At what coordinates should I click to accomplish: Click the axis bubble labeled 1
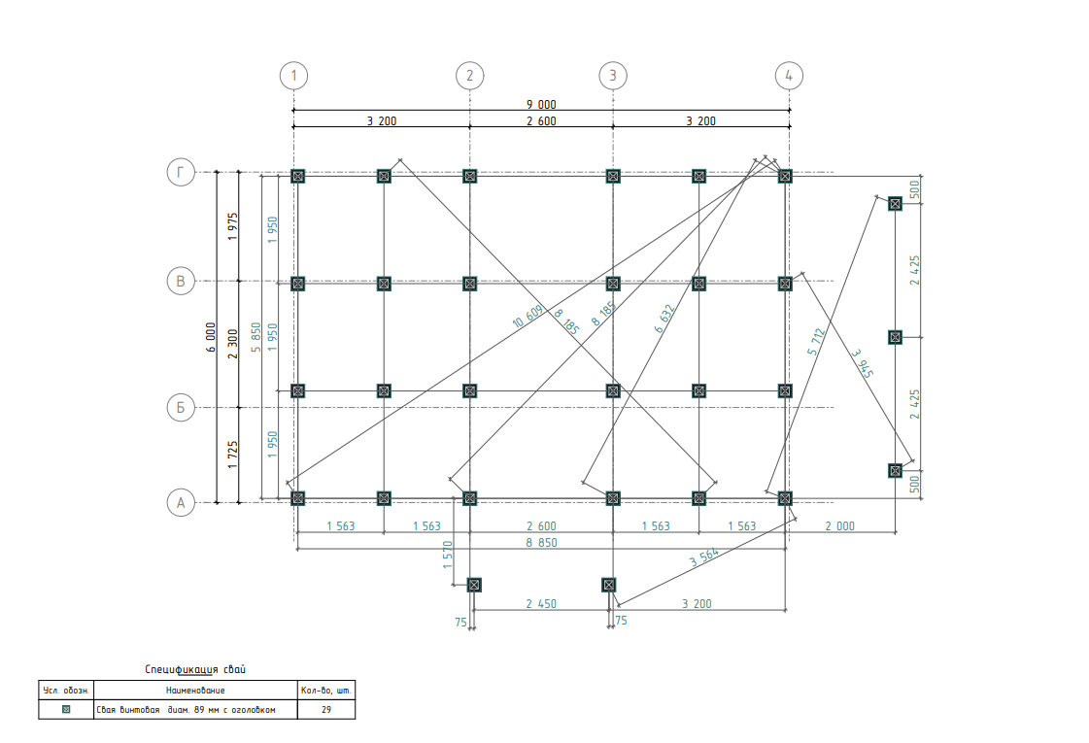pos(293,75)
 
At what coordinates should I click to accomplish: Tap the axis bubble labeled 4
pos(789,75)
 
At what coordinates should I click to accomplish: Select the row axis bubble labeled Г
pos(180,173)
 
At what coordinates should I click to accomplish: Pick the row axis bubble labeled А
pos(180,502)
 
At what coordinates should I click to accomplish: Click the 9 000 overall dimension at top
pos(541,104)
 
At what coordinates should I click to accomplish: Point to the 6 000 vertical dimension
pos(211,337)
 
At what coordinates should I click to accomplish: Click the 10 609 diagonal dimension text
pos(527,318)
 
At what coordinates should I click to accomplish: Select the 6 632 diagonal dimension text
pos(664,319)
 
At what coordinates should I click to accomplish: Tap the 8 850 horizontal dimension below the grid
pos(541,543)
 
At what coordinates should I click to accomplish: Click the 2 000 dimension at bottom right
pos(840,525)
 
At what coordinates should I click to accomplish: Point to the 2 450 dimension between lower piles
pos(541,603)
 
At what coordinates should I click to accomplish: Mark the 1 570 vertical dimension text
pos(448,555)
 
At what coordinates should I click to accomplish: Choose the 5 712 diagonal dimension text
pos(817,343)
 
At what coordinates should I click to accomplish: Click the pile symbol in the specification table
pos(66,710)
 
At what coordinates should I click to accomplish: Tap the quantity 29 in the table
pos(325,710)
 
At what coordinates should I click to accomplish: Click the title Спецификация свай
pos(195,669)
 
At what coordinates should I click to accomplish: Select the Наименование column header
pos(195,690)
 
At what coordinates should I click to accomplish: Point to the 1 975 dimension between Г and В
pos(232,227)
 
